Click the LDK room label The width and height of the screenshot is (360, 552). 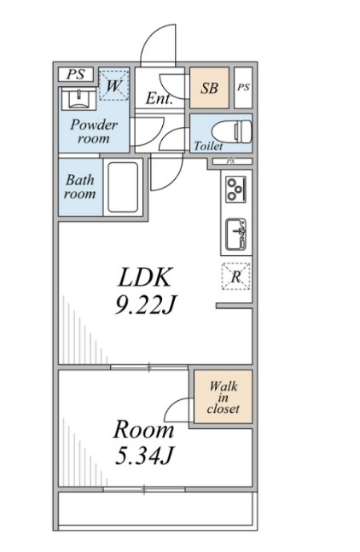tap(145, 277)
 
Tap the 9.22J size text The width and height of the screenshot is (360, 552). tap(145, 305)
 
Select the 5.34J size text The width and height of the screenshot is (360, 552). tap(144, 456)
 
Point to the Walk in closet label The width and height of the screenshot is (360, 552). tap(224, 398)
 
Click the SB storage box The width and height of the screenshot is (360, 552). tap(209, 88)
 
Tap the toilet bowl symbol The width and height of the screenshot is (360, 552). tap(232, 131)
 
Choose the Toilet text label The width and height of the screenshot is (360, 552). tap(208, 146)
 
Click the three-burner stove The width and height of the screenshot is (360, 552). tap(236, 189)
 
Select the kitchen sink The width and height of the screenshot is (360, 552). tap(235, 235)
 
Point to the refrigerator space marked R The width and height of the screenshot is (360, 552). tap(235, 276)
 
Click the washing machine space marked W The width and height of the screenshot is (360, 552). tap(113, 85)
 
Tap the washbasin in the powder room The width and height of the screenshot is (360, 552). tap(78, 99)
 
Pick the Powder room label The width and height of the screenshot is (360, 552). tap(94, 131)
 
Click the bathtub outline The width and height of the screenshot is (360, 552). tap(123, 187)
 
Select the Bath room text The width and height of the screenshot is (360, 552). tap(80, 187)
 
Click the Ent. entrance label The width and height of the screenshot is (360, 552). tap(160, 98)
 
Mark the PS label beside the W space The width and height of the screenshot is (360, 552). tap(76, 74)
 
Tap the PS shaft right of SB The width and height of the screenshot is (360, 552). tap(243, 87)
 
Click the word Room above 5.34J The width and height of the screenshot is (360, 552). tap(143, 430)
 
